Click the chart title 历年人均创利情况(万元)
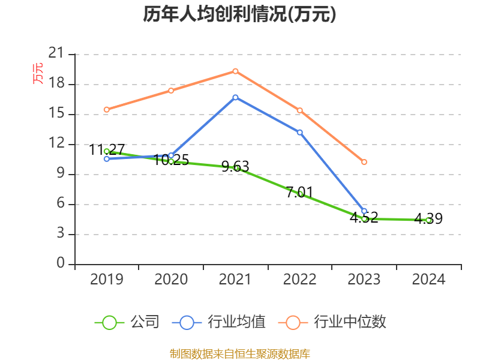click(x=239, y=14)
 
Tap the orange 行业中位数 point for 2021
click(x=235, y=71)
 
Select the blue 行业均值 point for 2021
click(x=235, y=97)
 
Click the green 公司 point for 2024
click(x=428, y=220)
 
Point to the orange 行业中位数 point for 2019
click(x=106, y=110)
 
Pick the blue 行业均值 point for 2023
click(x=364, y=211)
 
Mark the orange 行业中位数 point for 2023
click(x=364, y=162)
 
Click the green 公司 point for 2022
click(x=300, y=194)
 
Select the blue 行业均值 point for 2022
click(x=300, y=132)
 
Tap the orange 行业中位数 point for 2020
click(x=171, y=91)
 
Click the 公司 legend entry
click(x=127, y=322)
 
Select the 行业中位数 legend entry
click(x=332, y=322)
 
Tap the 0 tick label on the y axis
click(x=61, y=264)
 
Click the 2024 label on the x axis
click(x=428, y=280)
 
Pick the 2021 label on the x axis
click(x=235, y=280)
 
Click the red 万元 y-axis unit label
click(x=38, y=73)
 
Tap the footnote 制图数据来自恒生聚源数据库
click(x=239, y=353)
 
